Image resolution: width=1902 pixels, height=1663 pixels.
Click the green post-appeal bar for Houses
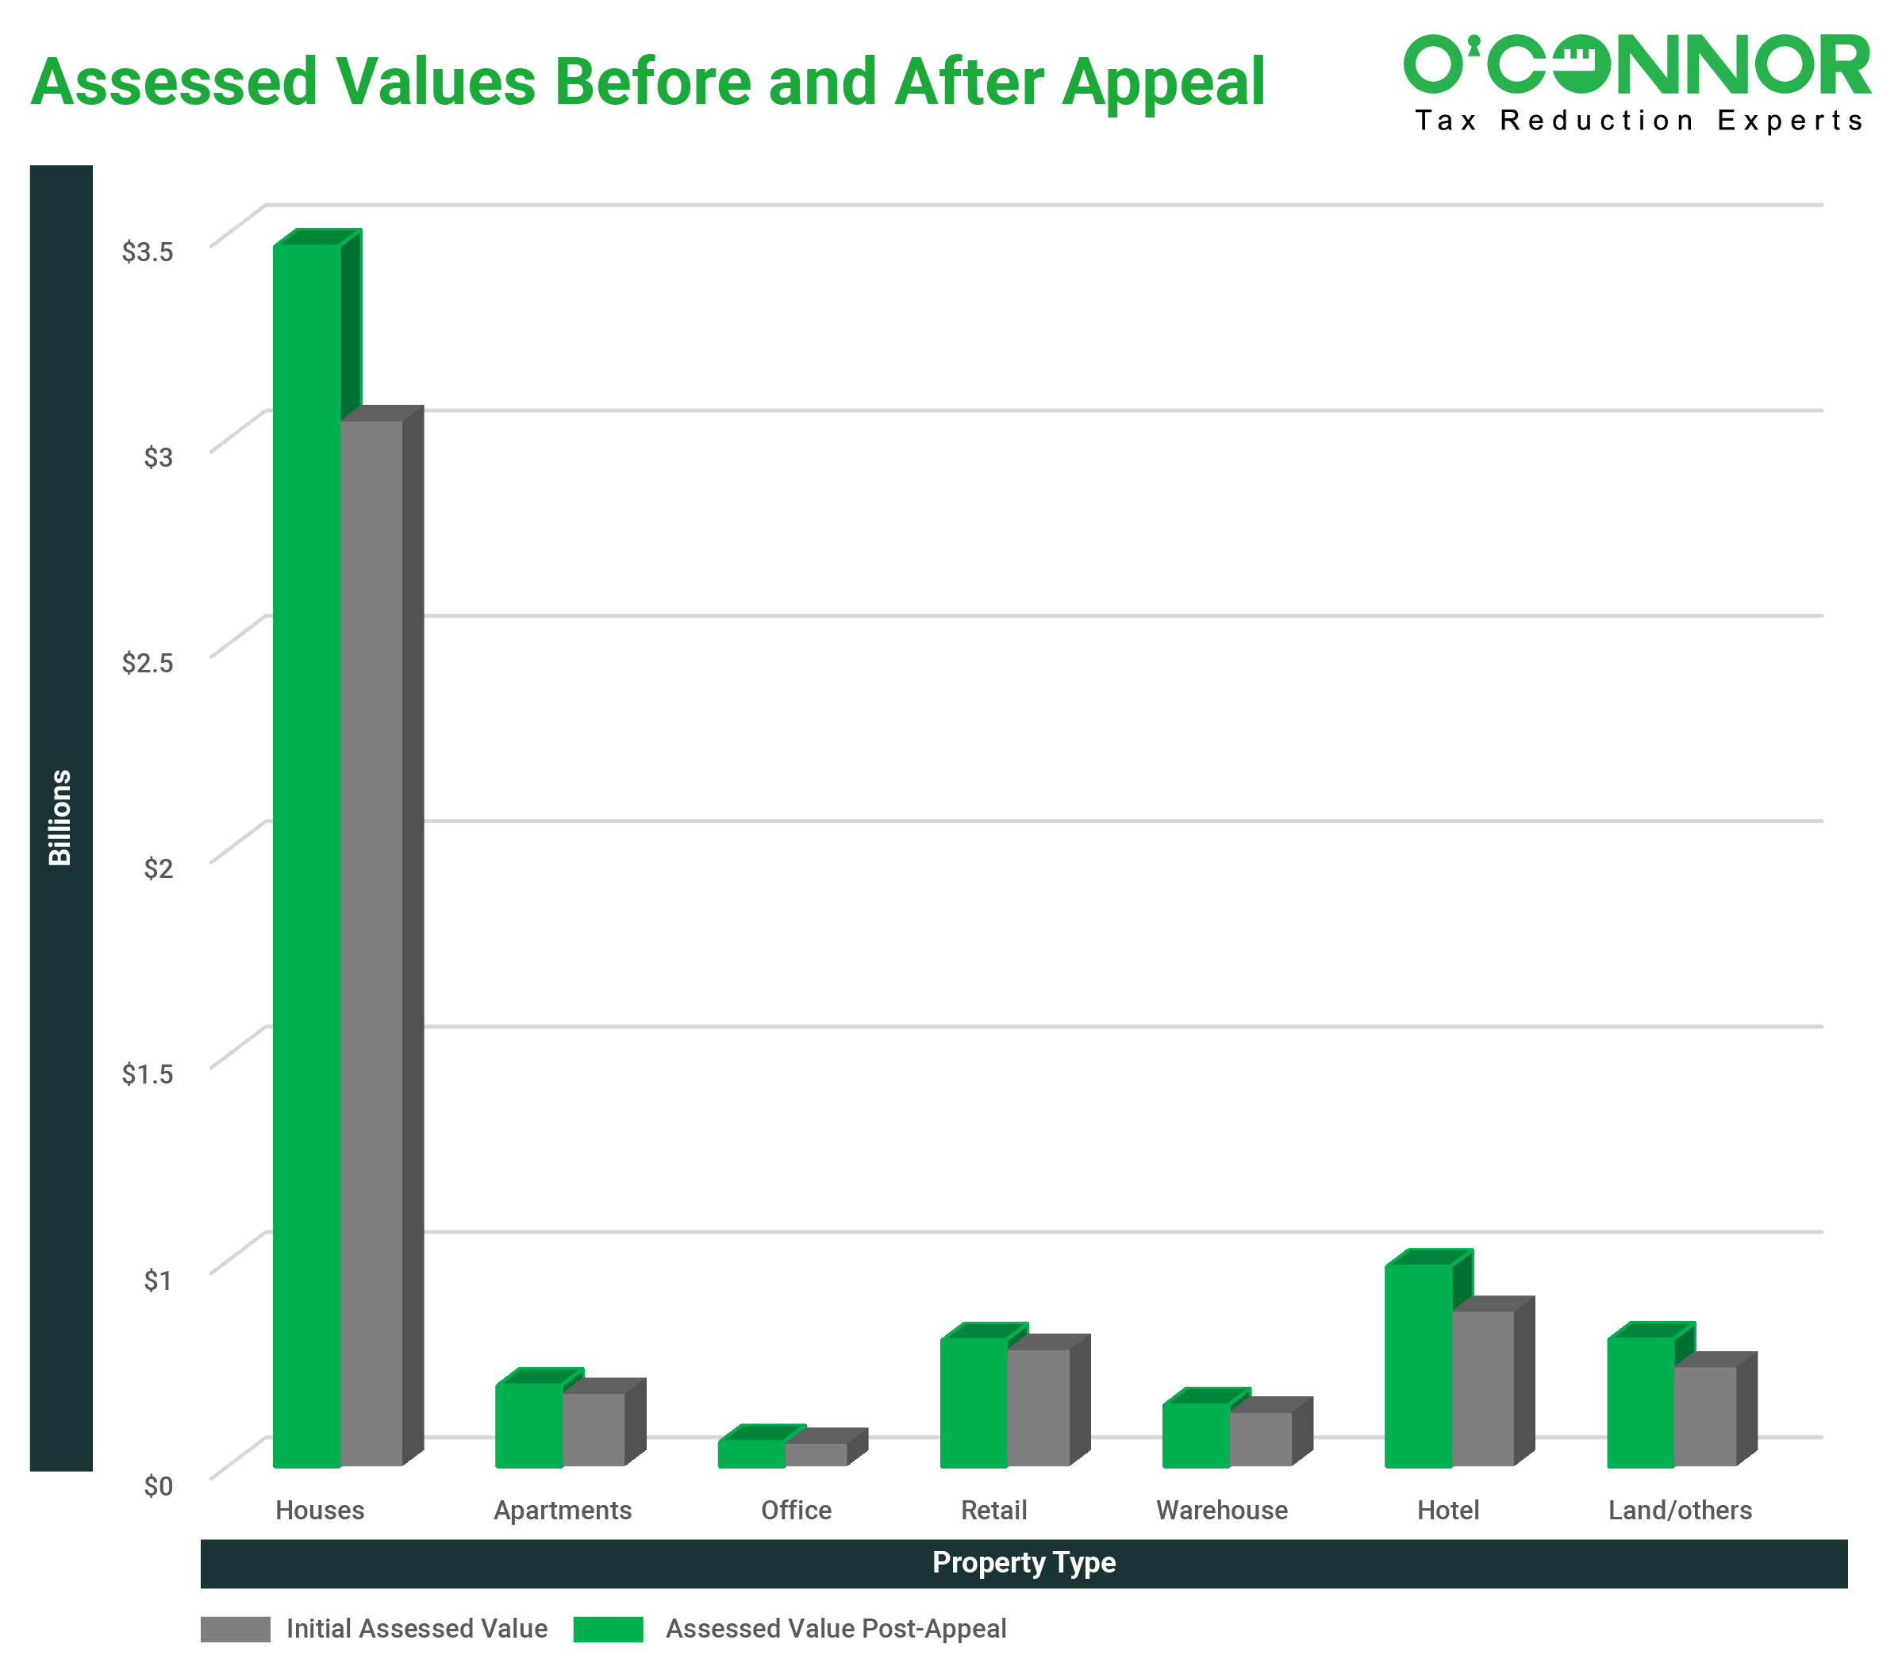(307, 854)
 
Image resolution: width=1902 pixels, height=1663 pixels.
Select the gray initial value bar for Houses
(372, 942)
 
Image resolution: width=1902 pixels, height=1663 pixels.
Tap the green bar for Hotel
(1418, 1365)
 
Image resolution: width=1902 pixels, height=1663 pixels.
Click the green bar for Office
(751, 1453)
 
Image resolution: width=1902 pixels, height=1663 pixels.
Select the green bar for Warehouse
(1196, 1434)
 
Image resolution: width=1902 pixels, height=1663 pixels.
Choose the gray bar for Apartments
(594, 1429)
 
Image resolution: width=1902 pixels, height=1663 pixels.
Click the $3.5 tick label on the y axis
(148, 252)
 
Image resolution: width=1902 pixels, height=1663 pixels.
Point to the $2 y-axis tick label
(158, 868)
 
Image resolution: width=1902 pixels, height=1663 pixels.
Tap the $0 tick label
(158, 1486)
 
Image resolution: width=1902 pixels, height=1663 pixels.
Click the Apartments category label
(563, 1510)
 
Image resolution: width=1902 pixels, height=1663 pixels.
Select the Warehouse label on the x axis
(1221, 1510)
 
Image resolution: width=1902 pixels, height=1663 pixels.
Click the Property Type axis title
(1024, 1563)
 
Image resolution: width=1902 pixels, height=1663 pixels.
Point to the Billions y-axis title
(60, 817)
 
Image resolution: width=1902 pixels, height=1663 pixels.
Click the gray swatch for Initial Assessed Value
(236, 1629)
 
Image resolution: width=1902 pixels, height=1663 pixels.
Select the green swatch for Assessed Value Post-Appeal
(608, 1629)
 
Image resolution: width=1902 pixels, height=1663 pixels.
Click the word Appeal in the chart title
(1163, 82)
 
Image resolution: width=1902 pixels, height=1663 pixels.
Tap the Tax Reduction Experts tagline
(1639, 121)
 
